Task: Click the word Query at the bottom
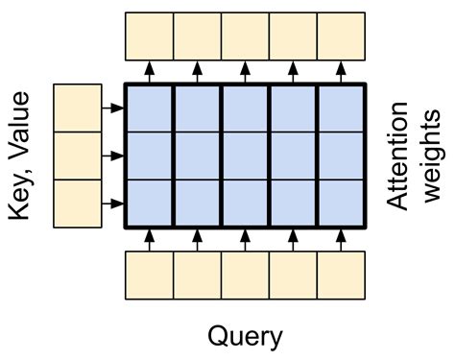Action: [245, 335]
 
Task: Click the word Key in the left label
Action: [27, 194]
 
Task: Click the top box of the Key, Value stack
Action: [78, 108]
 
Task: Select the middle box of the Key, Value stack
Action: [78, 155]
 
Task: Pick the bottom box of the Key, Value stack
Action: [78, 203]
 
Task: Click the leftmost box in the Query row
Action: [149, 275]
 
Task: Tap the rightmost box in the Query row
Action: [341, 275]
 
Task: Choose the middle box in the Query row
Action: [245, 275]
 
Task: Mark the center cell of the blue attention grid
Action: [245, 156]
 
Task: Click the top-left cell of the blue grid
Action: [149, 108]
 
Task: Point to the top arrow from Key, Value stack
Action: [113, 108]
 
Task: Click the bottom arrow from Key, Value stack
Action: [113, 204]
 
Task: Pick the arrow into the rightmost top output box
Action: [341, 71]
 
